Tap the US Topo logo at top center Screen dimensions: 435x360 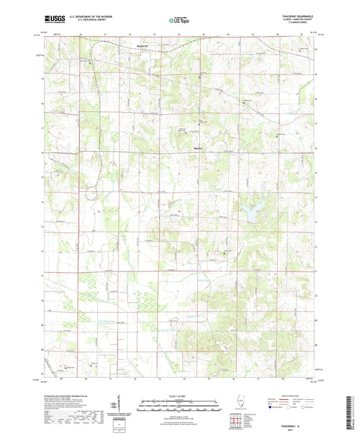[x=179, y=21]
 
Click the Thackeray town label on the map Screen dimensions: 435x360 [x=142, y=46]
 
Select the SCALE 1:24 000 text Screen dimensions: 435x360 [x=180, y=395]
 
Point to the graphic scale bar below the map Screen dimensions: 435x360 [x=180, y=407]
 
